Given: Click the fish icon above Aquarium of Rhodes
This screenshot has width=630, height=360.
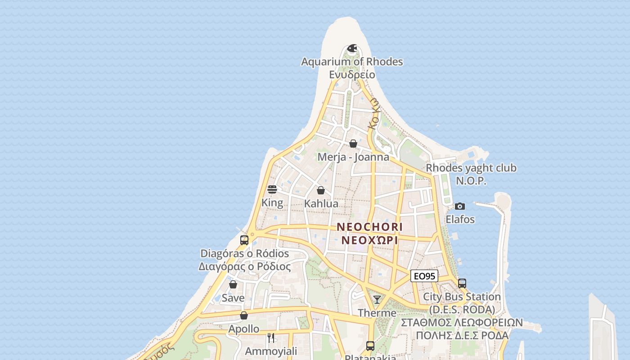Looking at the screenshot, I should coord(352,48).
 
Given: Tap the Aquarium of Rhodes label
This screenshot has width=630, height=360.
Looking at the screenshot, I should coord(352,62).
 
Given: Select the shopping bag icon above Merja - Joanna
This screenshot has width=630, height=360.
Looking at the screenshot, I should coord(353,144).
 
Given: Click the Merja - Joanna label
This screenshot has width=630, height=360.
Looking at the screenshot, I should coord(353,157).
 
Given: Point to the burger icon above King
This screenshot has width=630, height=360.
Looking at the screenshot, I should coord(272,189).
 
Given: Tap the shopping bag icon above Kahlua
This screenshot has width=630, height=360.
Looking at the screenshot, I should coord(321,190).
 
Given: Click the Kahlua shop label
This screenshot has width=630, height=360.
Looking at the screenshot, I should coord(321,204).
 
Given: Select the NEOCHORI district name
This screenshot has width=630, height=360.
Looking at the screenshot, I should coord(369,226).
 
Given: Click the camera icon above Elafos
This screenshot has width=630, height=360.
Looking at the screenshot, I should coord(460,206).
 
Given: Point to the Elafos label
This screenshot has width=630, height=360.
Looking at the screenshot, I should coord(460,220).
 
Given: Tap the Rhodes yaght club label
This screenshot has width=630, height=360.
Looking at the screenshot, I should coord(471,168).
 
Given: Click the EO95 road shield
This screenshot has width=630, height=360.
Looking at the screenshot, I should coord(424,276).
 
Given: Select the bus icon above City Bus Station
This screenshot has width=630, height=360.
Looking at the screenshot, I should coord(462,283).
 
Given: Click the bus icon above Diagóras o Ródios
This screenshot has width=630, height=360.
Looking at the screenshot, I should coord(244,240).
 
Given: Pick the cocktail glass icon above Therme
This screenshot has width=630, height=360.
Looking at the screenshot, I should coord(377,299).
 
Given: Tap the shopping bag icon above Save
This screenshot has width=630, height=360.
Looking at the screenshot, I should coord(233,284).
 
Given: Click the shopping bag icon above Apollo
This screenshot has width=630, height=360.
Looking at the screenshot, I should coord(244,315).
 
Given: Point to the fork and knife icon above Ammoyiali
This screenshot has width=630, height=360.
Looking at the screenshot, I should coord(271,337).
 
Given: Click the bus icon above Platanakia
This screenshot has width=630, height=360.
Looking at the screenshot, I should coord(370,346).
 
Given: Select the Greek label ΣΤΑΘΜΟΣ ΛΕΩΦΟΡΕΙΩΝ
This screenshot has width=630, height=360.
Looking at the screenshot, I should coord(462,323).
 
